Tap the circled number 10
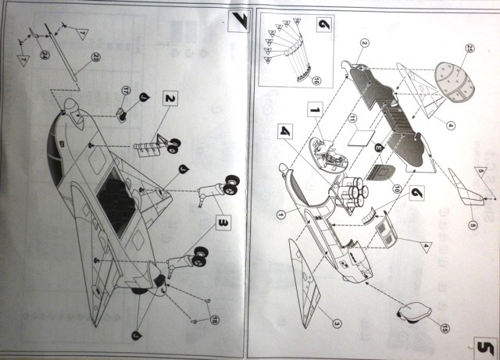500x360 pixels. (x=373, y=187)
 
